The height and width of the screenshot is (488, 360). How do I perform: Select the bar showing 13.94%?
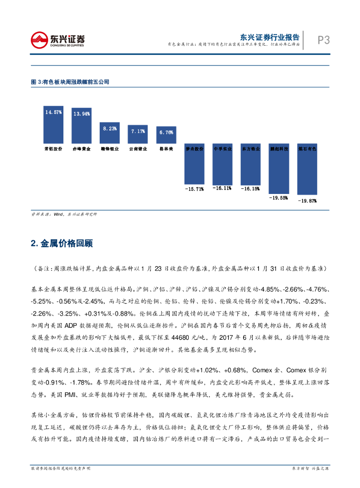pos(82,126)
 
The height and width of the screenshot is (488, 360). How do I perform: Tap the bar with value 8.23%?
pos(109,133)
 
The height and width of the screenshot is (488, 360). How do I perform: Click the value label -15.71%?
pos(195,189)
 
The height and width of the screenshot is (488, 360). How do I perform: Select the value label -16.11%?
pos(222,188)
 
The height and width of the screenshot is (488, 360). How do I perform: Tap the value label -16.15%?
pos(250,189)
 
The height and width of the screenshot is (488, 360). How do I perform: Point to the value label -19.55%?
pos(278,197)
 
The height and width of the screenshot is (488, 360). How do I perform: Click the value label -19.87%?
pos(307,201)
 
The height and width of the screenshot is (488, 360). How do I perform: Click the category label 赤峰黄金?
pos(82,149)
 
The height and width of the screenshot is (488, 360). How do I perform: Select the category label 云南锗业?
pos(138,149)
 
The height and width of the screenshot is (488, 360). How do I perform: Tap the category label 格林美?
pos(166,149)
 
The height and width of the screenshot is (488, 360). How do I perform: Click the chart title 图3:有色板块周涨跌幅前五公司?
pos(70,82)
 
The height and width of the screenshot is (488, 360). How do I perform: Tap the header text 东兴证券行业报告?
pos(269,37)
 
